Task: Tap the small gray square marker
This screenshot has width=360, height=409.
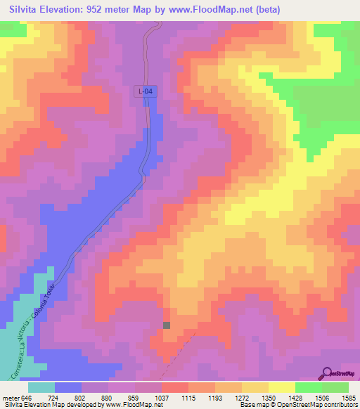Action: pyautogui.click(x=167, y=325)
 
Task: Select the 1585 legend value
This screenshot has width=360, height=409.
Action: pyautogui.click(x=340, y=397)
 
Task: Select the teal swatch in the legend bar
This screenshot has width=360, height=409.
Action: pyautogui.click(x=41, y=387)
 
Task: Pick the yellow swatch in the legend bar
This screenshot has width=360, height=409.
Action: pyautogui.click(x=282, y=387)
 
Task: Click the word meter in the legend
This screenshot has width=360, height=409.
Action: pyautogui.click(x=8, y=397)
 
